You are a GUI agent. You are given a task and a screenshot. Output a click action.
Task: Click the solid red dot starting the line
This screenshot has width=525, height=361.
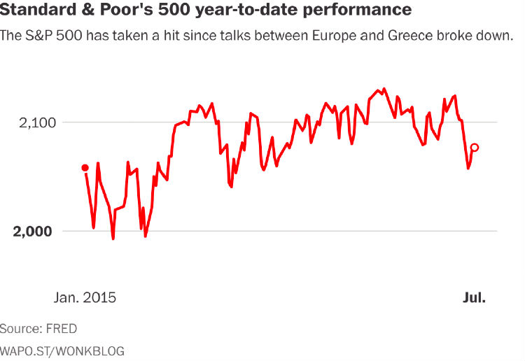(85, 168)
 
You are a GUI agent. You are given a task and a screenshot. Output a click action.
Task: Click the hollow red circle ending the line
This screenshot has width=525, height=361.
(475, 148)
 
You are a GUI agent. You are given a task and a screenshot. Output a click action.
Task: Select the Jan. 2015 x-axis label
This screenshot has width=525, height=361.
(85, 297)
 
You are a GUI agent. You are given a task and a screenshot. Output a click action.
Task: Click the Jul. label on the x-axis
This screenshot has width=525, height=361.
(474, 297)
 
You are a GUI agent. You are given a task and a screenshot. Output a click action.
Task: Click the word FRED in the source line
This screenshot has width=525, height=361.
(62, 329)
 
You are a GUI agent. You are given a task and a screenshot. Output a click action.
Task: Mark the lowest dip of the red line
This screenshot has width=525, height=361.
(113, 239)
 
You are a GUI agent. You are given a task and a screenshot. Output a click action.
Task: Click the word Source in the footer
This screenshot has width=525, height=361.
(21, 329)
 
